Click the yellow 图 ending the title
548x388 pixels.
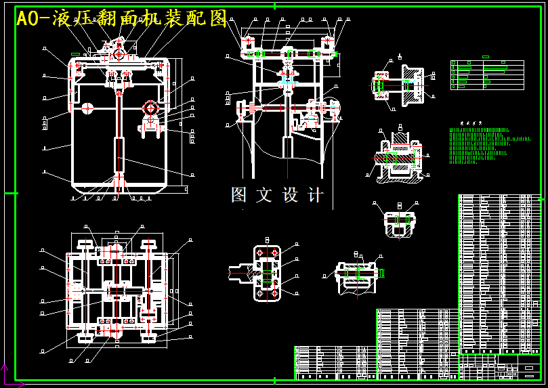218,19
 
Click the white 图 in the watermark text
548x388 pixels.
239,195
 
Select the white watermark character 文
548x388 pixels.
264,195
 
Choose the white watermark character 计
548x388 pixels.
316,195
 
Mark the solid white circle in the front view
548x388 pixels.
87,107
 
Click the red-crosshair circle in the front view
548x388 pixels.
150,108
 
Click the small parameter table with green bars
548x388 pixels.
487,74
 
